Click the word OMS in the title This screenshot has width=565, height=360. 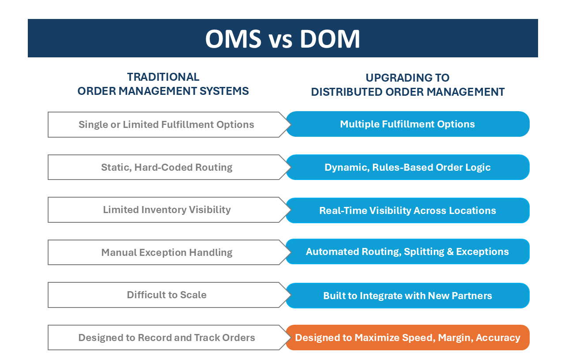coord(233,39)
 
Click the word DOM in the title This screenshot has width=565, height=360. coord(330,39)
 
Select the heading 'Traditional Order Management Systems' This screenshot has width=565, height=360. coord(163,84)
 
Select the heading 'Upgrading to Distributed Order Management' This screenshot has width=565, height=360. coord(407,85)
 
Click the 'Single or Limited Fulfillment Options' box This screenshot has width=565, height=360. coord(166,124)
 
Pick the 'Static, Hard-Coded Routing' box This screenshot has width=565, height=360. coord(166,167)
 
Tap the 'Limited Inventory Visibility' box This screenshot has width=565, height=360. coord(166,210)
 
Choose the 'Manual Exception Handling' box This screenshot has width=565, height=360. coord(166,252)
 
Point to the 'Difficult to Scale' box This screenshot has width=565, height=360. coord(166,295)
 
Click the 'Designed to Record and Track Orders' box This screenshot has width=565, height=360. coord(166,338)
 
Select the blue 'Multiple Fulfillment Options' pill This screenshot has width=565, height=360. coord(407,124)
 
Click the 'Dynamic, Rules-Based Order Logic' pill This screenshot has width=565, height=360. coord(407,167)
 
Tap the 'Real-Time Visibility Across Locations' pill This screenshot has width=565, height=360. coord(407,210)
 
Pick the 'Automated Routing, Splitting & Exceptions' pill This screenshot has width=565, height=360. coord(407,251)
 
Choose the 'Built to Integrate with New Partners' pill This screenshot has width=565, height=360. coord(407,296)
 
